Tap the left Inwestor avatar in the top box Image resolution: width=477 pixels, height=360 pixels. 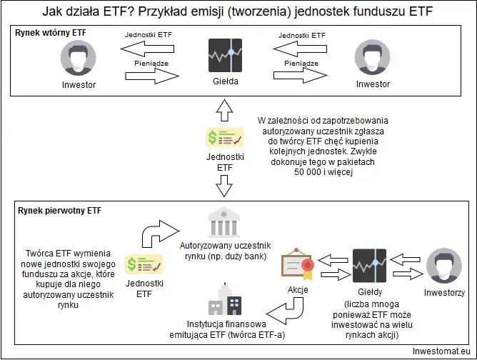pos(79,56)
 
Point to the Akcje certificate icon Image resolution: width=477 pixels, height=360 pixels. pos(298,266)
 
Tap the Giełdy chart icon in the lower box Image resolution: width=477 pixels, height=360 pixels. pos(371,266)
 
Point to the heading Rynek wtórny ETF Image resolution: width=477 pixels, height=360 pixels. pos(44,34)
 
